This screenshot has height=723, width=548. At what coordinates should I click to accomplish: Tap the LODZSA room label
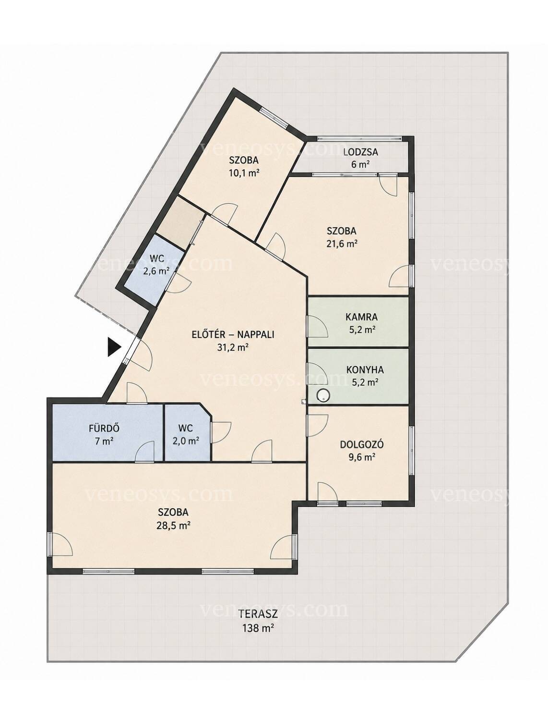coord(360,152)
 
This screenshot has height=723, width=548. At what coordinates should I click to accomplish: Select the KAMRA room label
coord(361,317)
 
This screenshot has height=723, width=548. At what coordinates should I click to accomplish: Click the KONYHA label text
coord(365,369)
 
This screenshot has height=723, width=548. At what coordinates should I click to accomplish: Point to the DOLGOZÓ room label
coord(361,444)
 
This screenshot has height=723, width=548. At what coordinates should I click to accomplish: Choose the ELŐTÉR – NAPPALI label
coord(233,334)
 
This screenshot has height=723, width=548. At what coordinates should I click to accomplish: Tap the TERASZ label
coord(258,613)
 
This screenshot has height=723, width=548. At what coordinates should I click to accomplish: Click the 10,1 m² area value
coord(243,173)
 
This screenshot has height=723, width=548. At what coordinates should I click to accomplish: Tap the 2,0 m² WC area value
coord(187,441)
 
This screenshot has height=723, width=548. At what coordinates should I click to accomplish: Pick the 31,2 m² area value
coord(233,347)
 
